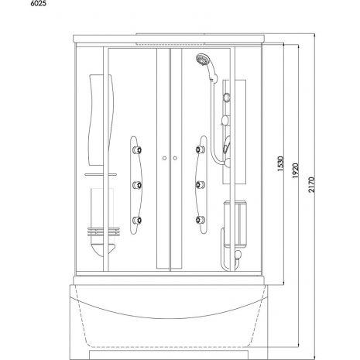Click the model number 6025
click(39, 4)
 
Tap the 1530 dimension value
click(280, 163)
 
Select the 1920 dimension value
click(296, 170)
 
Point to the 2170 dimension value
click(312, 185)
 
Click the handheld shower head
click(201, 60)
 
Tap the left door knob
click(164, 158)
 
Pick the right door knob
click(175, 158)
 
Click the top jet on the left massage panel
click(137, 149)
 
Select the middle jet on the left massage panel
click(137, 185)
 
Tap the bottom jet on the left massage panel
click(137, 220)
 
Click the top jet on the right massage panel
click(200, 149)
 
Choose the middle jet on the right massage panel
click(200, 184)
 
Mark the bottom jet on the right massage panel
click(200, 220)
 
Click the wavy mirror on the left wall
click(101, 119)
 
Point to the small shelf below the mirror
click(101, 175)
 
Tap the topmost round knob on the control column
click(227, 98)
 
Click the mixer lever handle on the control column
click(226, 145)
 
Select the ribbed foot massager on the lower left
click(103, 231)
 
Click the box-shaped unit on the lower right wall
click(235, 224)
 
